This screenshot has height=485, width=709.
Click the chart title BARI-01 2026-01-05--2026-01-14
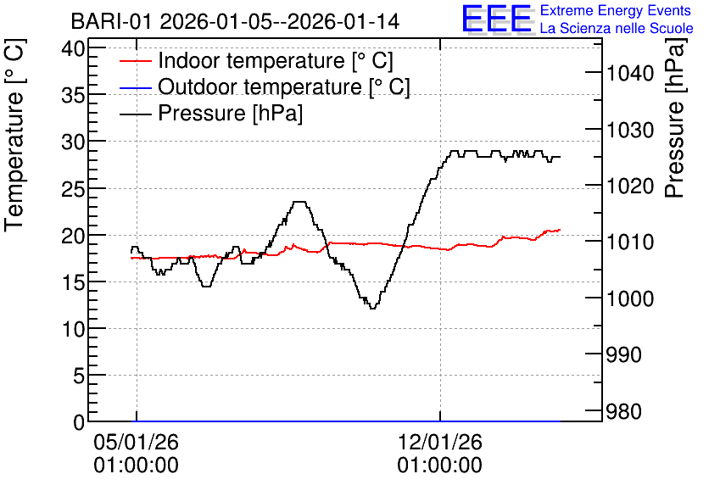(235, 21)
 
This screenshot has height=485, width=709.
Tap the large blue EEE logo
(496, 19)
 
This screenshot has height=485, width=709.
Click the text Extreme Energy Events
(616, 10)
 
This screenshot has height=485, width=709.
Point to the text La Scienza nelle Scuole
(617, 29)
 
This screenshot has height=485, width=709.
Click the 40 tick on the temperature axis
(73, 48)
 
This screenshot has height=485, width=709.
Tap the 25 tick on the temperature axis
(73, 188)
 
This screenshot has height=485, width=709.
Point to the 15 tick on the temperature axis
(73, 282)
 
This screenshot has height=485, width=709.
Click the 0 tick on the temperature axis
(79, 421)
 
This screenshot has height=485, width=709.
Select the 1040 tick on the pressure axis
(630, 73)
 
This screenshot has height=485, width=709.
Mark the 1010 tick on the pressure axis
(630, 242)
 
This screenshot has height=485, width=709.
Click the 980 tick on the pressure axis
(623, 411)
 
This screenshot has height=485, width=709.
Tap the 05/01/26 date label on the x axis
(136, 442)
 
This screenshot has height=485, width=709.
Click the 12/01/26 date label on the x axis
(440, 442)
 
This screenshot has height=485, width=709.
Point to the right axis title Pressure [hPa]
(675, 118)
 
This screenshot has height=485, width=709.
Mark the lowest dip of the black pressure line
(372, 309)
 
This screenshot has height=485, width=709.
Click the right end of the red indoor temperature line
(560, 230)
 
